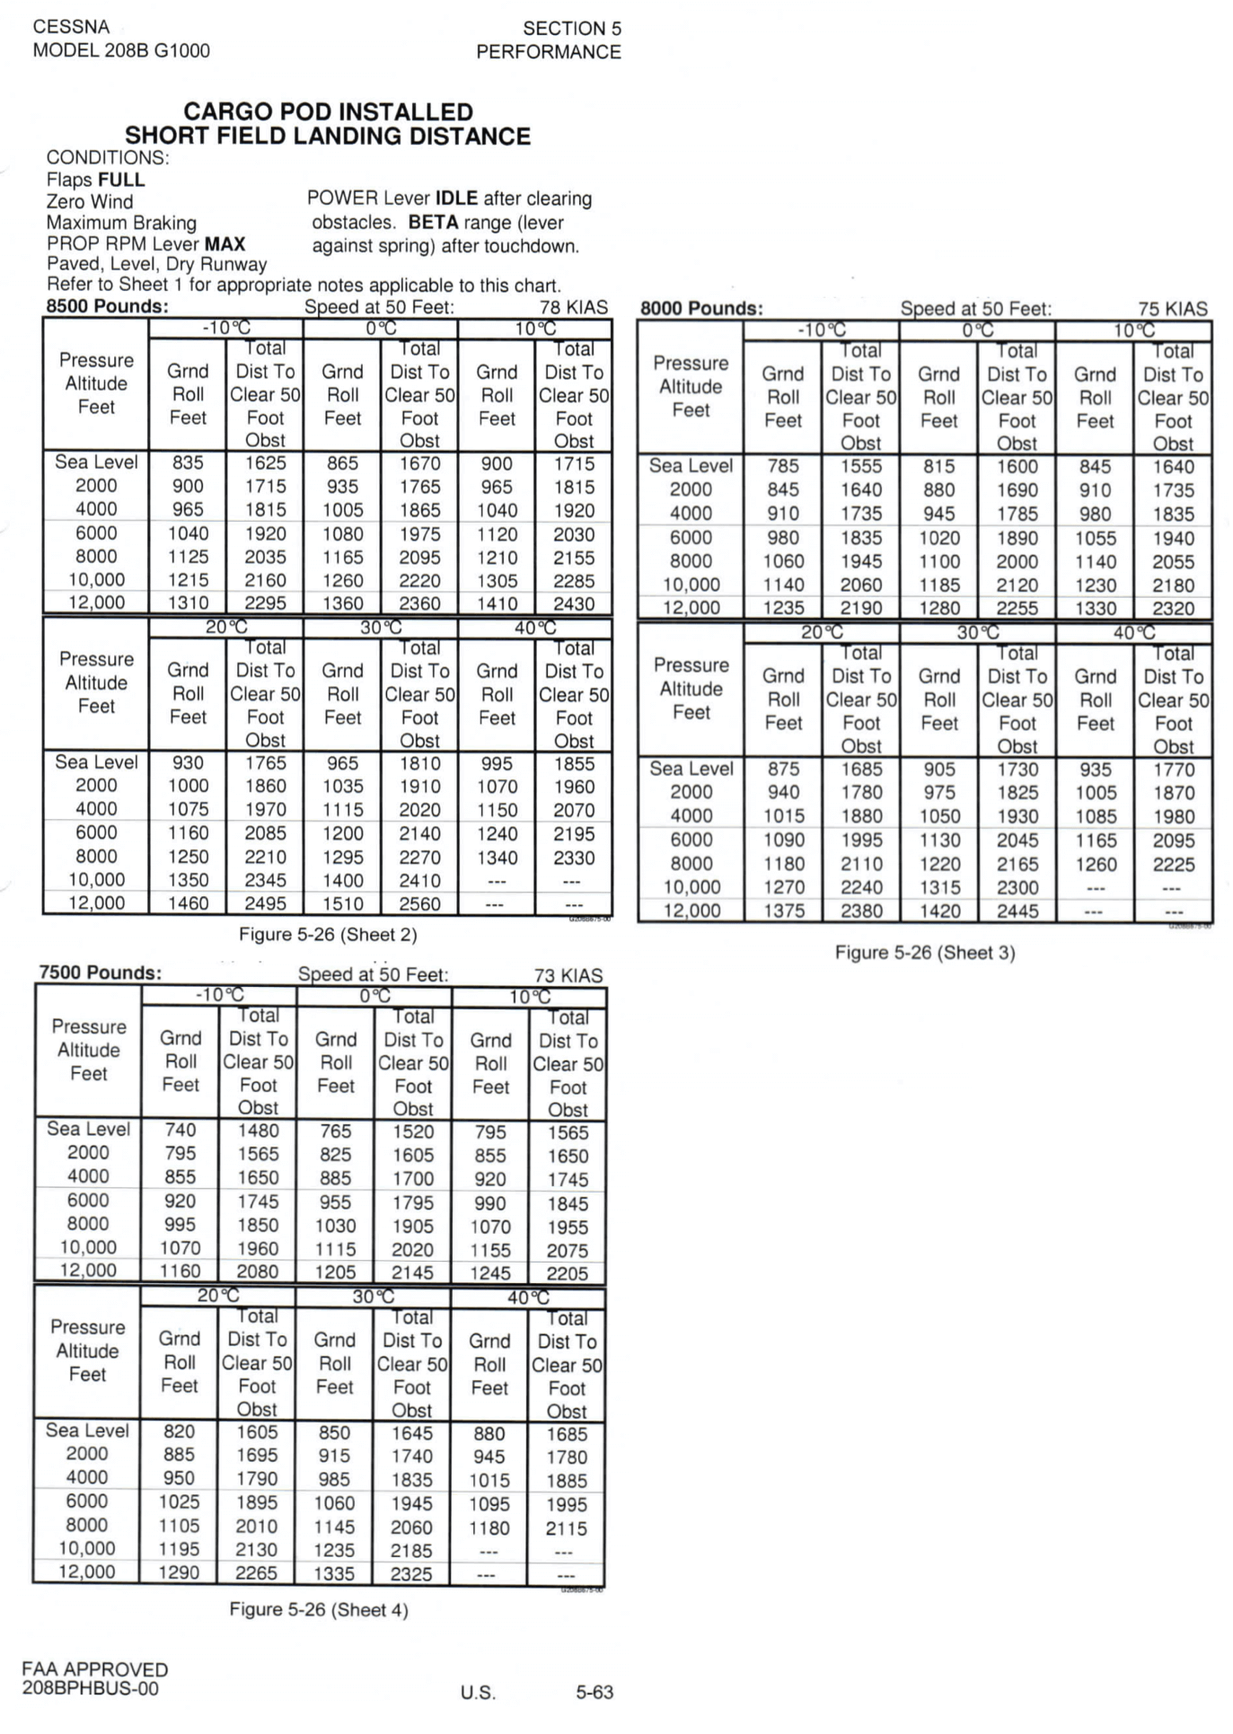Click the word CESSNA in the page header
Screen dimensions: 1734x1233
[x=71, y=27]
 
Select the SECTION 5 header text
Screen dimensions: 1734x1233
[x=572, y=29]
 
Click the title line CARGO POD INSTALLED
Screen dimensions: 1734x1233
[x=328, y=112]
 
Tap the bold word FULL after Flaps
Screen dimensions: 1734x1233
[x=121, y=180]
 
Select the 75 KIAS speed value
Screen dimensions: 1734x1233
[x=1172, y=309]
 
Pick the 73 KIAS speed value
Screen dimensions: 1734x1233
[x=568, y=975]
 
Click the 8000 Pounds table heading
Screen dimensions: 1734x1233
[x=701, y=309]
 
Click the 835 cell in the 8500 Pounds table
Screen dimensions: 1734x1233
[x=188, y=463]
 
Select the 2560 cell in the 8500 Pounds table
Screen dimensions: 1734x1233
[x=419, y=903]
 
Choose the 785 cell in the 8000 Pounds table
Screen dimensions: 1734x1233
[x=783, y=467]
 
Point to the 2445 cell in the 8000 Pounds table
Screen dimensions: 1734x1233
[x=1017, y=911]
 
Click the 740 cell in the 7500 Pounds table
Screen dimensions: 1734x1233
[x=181, y=1131]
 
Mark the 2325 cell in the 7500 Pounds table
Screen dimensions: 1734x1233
[x=411, y=1574]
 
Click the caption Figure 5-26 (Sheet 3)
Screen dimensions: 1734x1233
[x=925, y=953]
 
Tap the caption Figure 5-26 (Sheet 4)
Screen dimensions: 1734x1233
[x=319, y=1609]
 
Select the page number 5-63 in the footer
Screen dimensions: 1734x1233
[x=594, y=1693]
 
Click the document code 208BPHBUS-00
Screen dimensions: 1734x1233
[x=90, y=1688]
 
